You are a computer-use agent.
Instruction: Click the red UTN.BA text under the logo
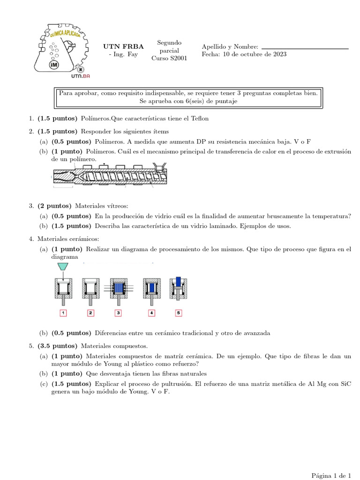tap(80, 76)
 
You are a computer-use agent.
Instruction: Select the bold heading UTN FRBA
tap(123, 46)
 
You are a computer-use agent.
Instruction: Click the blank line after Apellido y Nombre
tap(305, 48)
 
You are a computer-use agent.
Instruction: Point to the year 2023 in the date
tap(279, 54)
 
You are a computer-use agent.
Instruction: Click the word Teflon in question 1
tap(199, 119)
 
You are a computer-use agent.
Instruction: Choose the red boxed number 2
tap(91, 313)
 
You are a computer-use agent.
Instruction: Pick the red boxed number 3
tap(119, 313)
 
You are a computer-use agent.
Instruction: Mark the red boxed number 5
tap(178, 313)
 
